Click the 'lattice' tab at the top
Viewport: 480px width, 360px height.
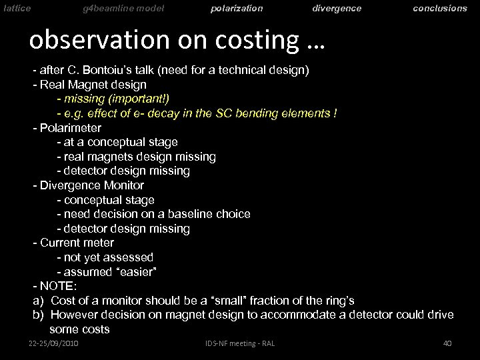click(x=15, y=8)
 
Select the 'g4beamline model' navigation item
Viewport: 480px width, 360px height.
click(x=123, y=8)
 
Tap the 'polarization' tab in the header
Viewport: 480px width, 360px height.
click(x=237, y=8)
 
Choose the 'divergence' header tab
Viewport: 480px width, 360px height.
click(x=337, y=8)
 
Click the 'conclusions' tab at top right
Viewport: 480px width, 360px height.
click(x=440, y=8)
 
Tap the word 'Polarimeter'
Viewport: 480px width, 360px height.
click(x=71, y=128)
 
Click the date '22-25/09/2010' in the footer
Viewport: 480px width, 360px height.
click(x=55, y=343)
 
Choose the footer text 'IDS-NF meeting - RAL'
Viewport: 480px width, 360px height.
click(x=239, y=343)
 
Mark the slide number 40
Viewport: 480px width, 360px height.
click(x=447, y=343)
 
